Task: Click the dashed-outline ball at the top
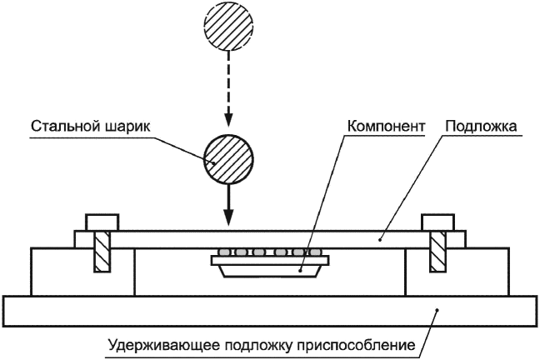pyautogui.click(x=228, y=26)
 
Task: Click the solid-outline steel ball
pyautogui.click(x=228, y=159)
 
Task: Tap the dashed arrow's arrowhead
pyautogui.click(x=228, y=119)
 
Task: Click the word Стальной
pyautogui.click(x=65, y=126)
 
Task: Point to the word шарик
pyautogui.click(x=127, y=127)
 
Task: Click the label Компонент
pyautogui.click(x=386, y=127)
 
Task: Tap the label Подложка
pyautogui.click(x=481, y=126)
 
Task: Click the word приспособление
pyautogui.click(x=356, y=345)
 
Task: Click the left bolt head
pyautogui.click(x=102, y=222)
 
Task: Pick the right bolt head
pyautogui.click(x=437, y=222)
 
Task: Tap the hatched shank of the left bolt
pyautogui.click(x=102, y=252)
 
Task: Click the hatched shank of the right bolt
pyautogui.click(x=437, y=252)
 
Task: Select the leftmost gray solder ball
pyautogui.click(x=224, y=252)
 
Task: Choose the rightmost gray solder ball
pyautogui.click(x=315, y=252)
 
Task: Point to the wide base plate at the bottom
pyautogui.click(x=270, y=311)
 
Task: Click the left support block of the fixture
pyautogui.click(x=83, y=272)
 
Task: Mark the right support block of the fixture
pyautogui.click(x=457, y=272)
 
